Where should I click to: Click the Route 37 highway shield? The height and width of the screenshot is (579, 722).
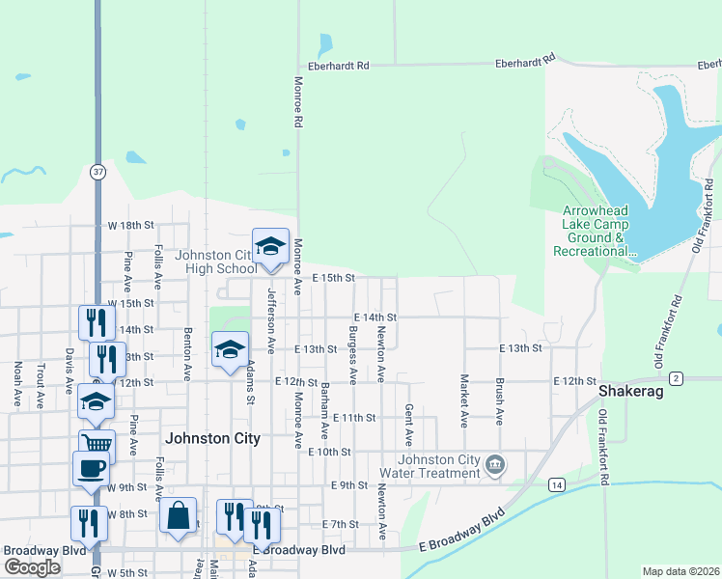97,171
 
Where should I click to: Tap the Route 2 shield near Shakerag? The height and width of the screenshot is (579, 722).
676,377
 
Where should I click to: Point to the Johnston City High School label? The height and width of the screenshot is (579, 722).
214,262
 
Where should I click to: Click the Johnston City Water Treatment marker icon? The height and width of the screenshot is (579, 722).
495,466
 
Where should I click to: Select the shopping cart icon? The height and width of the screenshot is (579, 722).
96,443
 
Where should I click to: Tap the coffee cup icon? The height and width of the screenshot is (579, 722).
91,468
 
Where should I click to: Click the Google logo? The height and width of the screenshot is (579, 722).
33,567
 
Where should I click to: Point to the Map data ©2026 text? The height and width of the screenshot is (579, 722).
680,571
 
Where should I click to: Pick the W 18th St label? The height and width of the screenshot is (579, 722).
130,225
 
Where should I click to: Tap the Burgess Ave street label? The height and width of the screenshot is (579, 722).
353,361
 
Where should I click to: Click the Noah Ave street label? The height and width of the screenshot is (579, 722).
17,383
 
